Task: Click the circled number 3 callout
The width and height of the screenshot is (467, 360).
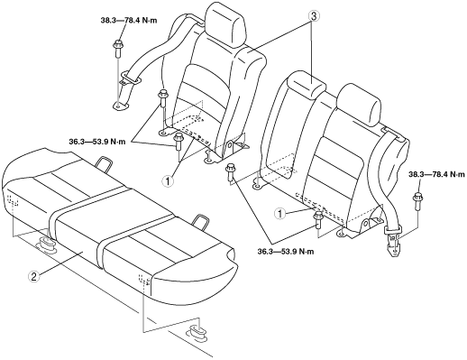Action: coord(313,16)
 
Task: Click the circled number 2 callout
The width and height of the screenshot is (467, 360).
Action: coord(33,276)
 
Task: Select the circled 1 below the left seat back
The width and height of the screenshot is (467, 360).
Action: coord(168,181)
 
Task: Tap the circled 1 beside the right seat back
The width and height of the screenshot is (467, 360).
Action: coord(280,214)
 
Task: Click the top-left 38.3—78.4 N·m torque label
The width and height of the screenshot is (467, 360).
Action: coord(129,21)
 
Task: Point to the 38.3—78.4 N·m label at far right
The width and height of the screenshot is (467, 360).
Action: coord(436,174)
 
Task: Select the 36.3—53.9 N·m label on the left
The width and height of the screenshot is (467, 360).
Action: coord(97,142)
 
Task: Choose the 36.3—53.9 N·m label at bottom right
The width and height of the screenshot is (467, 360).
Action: coord(286,251)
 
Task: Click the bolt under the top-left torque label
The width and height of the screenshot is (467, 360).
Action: coord(117,48)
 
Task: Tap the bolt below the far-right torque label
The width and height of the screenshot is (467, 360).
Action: coord(417,201)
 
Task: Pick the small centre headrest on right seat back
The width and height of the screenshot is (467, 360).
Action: coord(307,84)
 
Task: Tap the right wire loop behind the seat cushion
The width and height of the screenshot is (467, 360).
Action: coord(199,223)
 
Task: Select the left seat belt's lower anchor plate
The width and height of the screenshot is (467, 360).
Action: coord(120,106)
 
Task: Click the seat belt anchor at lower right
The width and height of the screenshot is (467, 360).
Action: coord(393,242)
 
